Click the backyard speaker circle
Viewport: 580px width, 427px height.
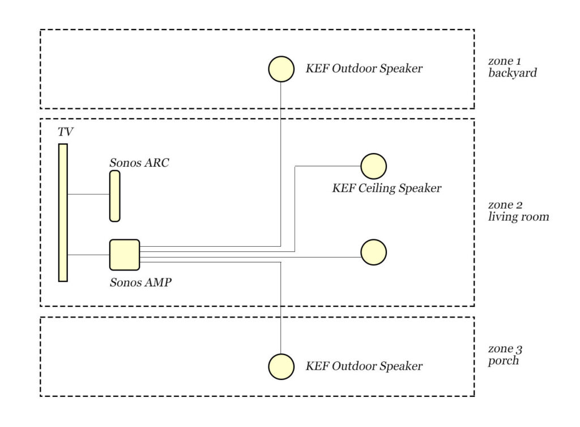pos(281,69)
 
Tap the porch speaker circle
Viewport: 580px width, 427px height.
pos(281,366)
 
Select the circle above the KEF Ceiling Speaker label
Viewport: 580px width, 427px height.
pos(373,166)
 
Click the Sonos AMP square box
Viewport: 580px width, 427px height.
pos(124,255)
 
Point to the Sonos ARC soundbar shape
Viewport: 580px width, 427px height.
pos(114,196)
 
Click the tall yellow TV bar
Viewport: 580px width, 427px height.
pos(63,213)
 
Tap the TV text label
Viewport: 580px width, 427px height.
pos(66,132)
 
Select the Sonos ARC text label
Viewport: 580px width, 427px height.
pos(139,163)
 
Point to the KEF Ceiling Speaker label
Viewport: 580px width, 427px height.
pos(386,188)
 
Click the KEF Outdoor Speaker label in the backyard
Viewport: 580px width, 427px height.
pos(364,69)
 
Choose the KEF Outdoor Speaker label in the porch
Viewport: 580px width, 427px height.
pos(364,366)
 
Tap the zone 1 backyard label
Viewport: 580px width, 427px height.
pos(512,67)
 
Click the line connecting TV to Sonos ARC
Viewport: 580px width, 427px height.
pos(88,195)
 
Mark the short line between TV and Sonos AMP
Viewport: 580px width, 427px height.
pos(88,255)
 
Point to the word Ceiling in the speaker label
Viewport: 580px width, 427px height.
pos(380,188)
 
